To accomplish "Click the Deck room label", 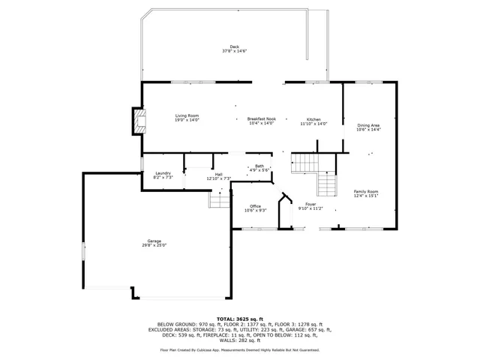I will [x=235, y=47].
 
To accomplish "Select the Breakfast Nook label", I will [x=262, y=118].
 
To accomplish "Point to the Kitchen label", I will [x=313, y=119].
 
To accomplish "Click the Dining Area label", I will [x=368, y=125].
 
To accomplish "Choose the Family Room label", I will [x=366, y=191].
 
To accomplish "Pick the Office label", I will [x=255, y=206].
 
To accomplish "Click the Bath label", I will [x=259, y=166].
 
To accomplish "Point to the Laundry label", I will [x=163, y=174].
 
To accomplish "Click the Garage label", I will [x=154, y=241].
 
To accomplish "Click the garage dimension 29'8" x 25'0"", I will [x=154, y=245].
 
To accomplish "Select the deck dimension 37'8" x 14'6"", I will [x=235, y=52].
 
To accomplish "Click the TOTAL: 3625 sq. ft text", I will [x=239, y=319].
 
